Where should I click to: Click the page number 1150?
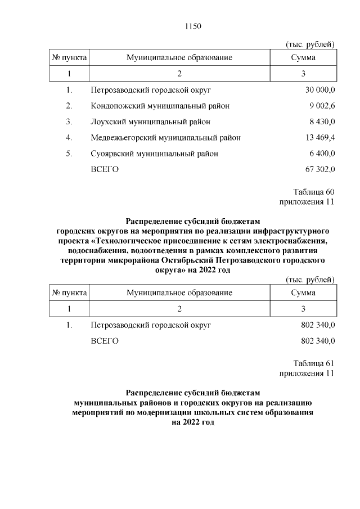pyautogui.click(x=192, y=26)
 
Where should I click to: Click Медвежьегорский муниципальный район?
pyautogui.click(x=165, y=137)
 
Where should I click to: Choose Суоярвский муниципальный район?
pyautogui.click(x=154, y=153)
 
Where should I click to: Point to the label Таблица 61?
pyautogui.click(x=314, y=363)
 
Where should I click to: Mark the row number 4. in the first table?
pyautogui.click(x=69, y=137)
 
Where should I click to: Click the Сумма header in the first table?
pyautogui.click(x=303, y=58)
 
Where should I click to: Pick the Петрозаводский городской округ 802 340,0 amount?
pyautogui.click(x=318, y=325)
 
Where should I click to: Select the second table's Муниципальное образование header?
pyautogui.click(x=179, y=293)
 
